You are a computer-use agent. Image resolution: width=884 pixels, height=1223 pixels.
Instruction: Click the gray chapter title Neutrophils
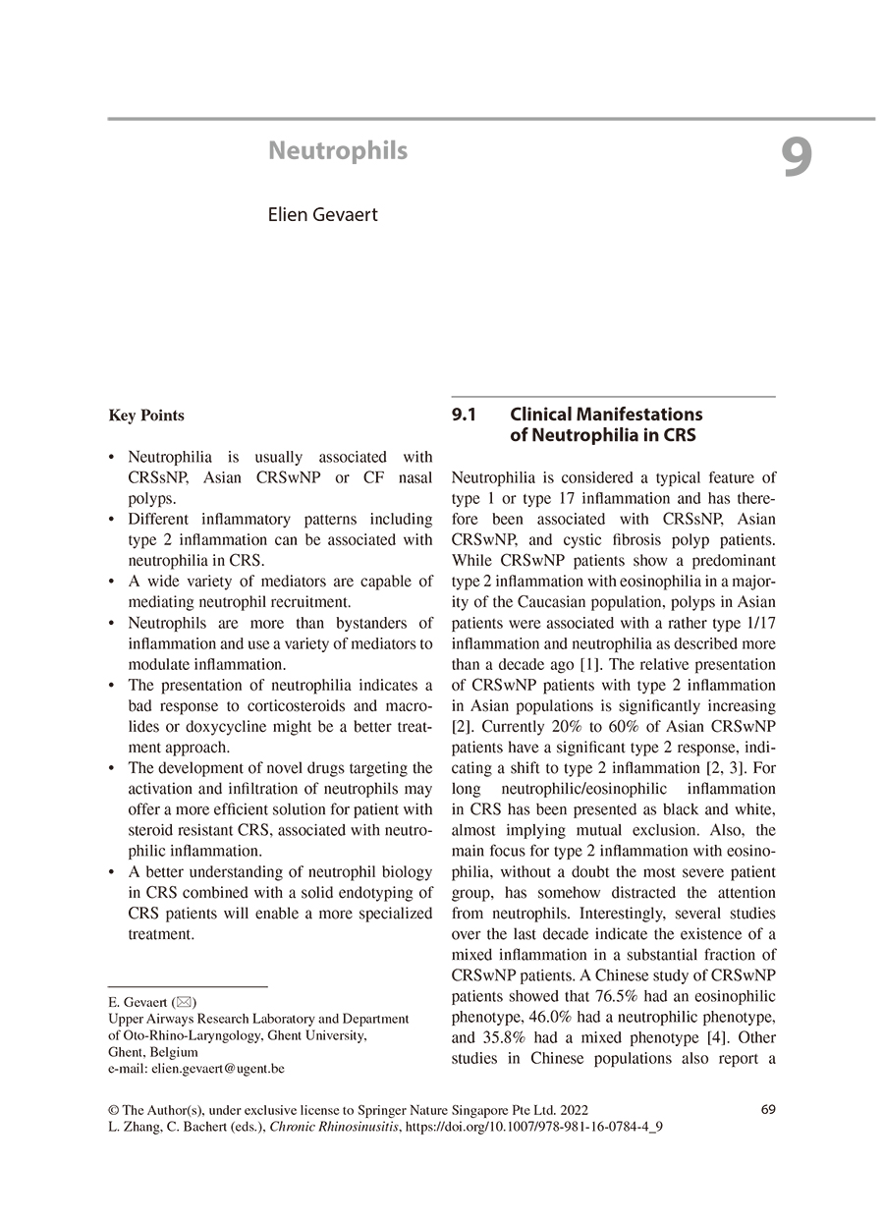[337, 150]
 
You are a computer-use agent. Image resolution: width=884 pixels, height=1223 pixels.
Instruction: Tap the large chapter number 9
[798, 159]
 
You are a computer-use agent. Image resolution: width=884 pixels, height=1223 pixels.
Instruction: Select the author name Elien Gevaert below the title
[322, 214]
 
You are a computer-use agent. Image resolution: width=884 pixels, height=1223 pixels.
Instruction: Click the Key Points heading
[146, 416]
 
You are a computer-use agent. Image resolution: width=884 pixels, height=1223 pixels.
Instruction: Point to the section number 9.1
[465, 415]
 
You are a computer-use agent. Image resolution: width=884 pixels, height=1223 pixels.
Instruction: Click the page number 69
[768, 1109]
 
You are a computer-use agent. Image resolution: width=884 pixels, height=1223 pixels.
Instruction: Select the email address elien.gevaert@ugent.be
[214, 1068]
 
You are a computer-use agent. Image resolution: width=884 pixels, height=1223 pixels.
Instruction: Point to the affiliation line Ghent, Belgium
[152, 1051]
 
